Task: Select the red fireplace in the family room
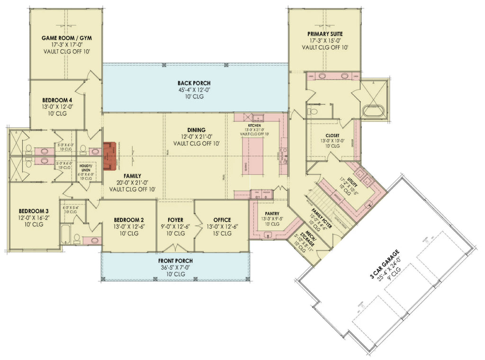coord(109,155)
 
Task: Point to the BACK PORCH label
coord(195,83)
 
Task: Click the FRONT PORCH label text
coord(175,261)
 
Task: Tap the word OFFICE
coord(222,220)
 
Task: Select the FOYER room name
coord(175,220)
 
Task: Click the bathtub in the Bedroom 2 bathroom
coord(65,234)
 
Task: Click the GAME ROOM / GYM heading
coord(66,38)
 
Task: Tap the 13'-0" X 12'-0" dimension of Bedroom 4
coord(58,107)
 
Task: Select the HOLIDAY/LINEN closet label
coord(86,168)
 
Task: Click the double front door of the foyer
coord(175,248)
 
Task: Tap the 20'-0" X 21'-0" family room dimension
coord(133,182)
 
